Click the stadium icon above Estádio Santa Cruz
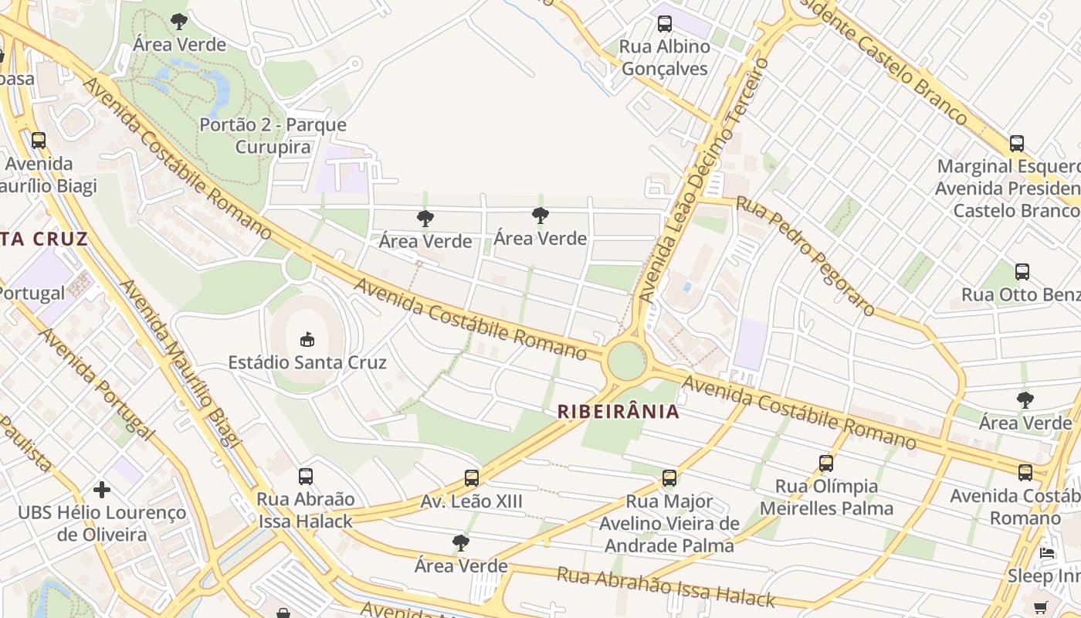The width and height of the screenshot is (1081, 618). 307,338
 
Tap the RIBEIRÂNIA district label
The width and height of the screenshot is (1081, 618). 618,412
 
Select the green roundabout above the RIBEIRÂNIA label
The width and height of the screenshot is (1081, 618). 626,361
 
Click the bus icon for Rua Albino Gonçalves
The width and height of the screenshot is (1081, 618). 664,24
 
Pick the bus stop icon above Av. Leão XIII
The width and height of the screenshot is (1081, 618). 472,478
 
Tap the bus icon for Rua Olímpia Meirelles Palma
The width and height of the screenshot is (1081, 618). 826,463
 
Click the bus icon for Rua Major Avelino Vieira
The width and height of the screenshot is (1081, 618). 669,478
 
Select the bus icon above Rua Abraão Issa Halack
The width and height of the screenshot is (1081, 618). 306,477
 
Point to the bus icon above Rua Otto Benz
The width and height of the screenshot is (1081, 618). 1022,272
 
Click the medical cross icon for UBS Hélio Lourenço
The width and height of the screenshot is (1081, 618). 102,490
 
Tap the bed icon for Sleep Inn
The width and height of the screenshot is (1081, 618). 1047,553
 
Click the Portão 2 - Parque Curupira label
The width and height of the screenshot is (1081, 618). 273,136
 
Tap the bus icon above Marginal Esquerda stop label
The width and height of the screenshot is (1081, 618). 1017,144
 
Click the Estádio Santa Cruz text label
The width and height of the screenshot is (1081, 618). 307,362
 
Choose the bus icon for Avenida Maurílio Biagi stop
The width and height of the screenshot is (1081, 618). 38,141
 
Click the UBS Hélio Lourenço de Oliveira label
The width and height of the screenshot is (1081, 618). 102,524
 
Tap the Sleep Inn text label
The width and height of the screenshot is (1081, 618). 1042,576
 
